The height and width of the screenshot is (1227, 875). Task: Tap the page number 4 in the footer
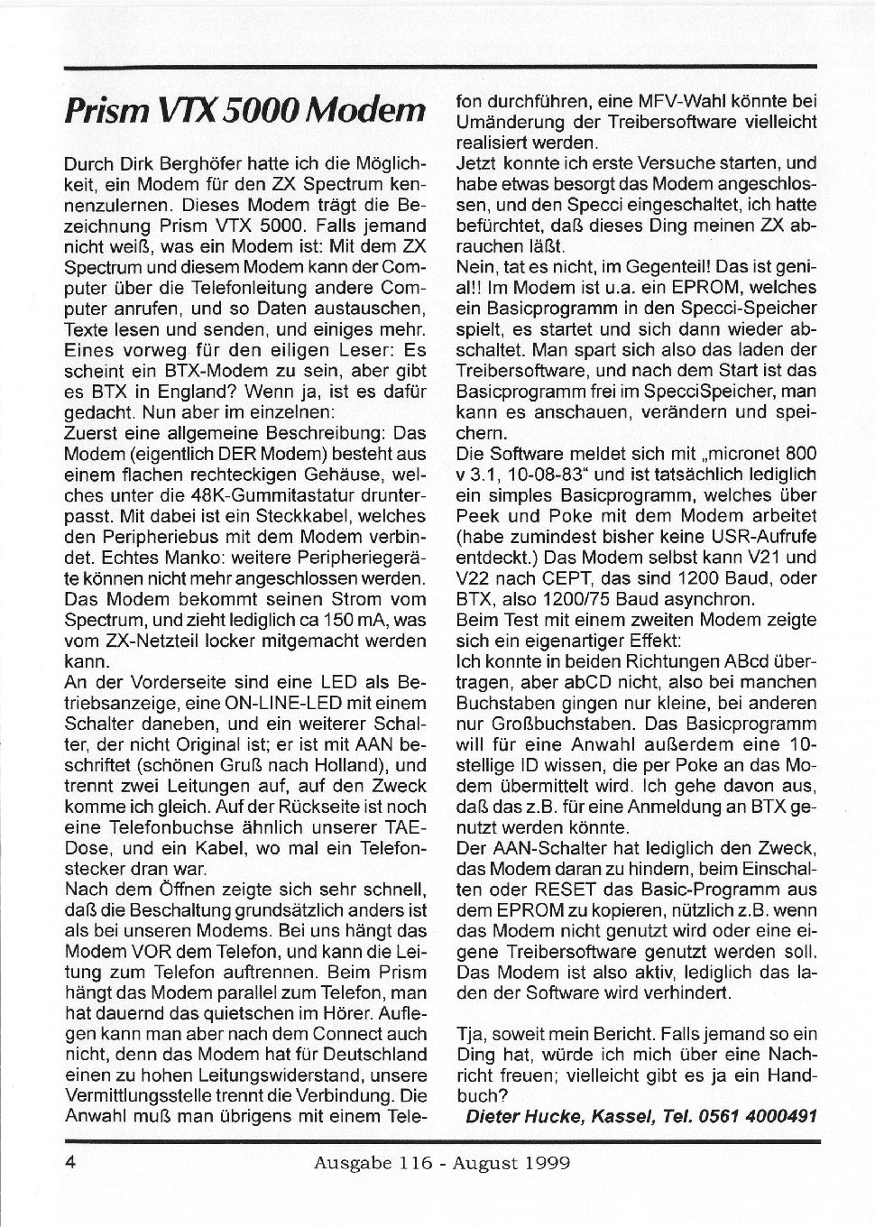coord(70,1162)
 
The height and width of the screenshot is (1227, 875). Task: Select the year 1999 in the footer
coord(545,1162)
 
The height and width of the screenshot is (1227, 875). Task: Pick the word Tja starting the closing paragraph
coord(470,1034)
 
